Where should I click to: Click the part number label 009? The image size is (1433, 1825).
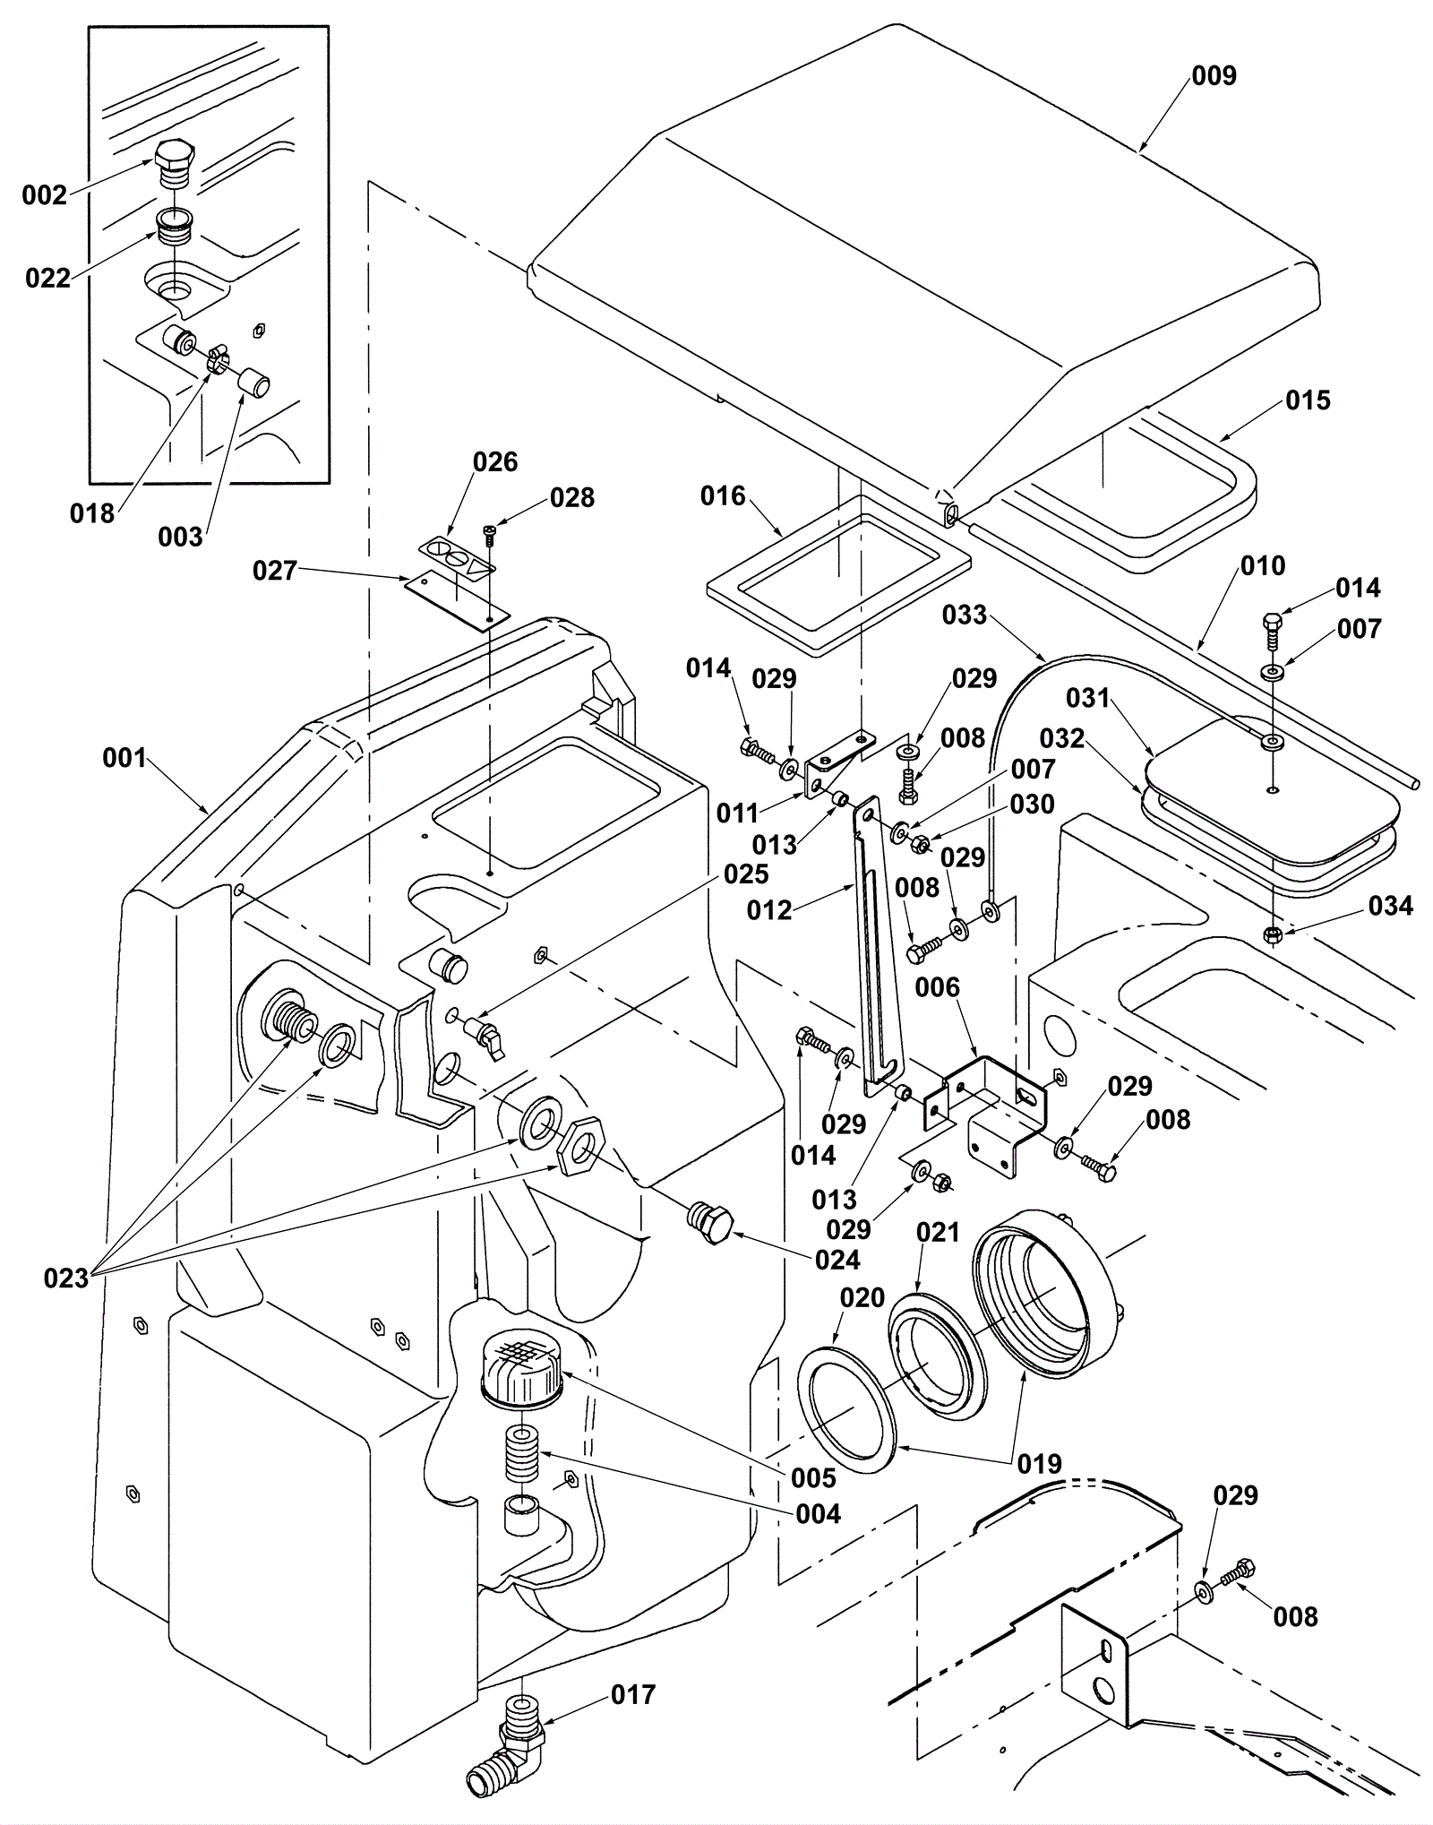(x=1214, y=75)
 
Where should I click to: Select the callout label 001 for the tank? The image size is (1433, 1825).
(x=124, y=758)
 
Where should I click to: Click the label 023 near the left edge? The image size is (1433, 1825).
(x=66, y=1278)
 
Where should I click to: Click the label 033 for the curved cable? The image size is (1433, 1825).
(x=965, y=615)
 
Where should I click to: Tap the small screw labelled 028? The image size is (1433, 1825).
(x=489, y=535)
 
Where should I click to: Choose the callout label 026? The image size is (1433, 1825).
(x=495, y=461)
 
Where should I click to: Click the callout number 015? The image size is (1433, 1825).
(x=1308, y=400)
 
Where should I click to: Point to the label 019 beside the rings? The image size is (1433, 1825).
(x=1039, y=1463)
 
